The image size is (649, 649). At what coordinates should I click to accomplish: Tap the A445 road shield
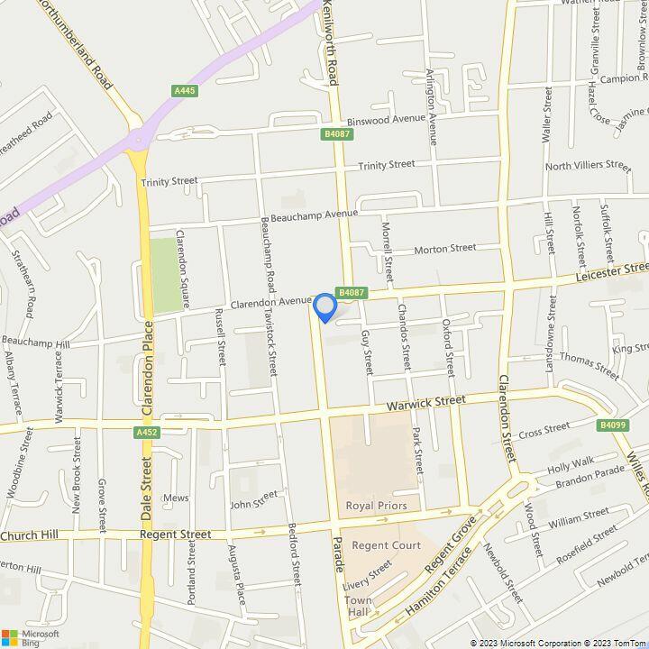point(186,90)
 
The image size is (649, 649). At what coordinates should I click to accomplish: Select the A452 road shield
point(147,434)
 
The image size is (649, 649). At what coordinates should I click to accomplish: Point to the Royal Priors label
point(377,506)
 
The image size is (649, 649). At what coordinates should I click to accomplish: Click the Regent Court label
point(386,545)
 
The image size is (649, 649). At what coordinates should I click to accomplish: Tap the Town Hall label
point(358,607)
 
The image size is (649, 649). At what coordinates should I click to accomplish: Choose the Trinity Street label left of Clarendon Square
point(169,181)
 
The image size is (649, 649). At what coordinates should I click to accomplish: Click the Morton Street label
point(444,248)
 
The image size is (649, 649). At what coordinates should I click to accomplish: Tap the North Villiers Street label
point(588,165)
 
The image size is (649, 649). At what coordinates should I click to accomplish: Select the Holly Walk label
point(571,463)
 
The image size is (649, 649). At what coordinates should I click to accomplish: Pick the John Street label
point(255,499)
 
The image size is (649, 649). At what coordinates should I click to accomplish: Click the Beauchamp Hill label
point(35,343)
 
